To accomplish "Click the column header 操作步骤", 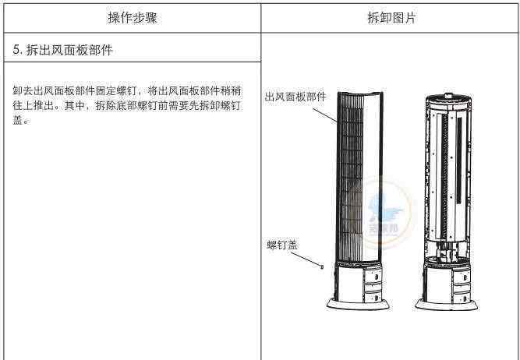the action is point(133,18).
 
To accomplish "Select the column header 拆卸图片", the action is point(391,18).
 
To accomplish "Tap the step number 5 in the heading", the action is point(16,50).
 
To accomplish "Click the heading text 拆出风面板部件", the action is point(69,50).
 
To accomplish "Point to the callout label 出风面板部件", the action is point(295,97).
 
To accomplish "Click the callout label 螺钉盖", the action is point(282,245).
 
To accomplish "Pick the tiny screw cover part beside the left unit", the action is point(321,266).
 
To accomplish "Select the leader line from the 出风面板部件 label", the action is point(325,115).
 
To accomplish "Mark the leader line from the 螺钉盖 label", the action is point(305,259).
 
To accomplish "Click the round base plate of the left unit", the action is point(358,304).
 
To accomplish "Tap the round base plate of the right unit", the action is point(447,305).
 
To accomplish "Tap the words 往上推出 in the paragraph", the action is point(33,106).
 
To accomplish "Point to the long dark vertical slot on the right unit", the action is point(459,161).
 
